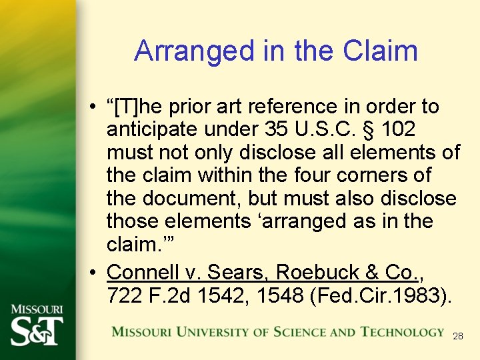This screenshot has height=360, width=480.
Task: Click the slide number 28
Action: tap(457, 337)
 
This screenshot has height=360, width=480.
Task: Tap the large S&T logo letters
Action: tap(37, 331)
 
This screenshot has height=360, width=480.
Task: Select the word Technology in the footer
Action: tap(403, 332)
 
